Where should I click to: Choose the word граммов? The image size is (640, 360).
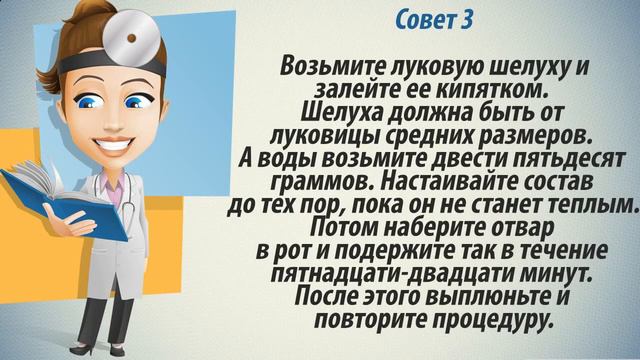tap(320, 181)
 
